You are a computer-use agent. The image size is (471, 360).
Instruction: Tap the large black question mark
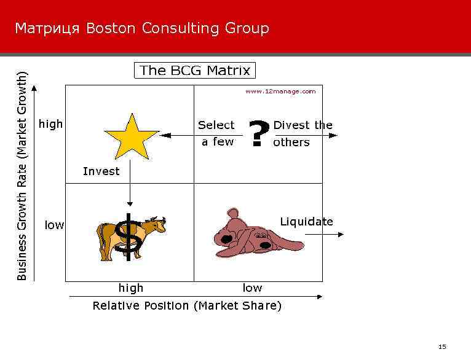coord(260,133)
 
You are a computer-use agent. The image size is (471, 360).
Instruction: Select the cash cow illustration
coord(131,237)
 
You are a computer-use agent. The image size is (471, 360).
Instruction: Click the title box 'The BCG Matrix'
coord(195,71)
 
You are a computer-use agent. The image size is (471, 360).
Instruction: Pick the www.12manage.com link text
coord(280,91)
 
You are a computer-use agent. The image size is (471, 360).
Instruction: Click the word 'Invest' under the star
coord(101,171)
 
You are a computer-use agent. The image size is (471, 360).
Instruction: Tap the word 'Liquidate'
coord(306,222)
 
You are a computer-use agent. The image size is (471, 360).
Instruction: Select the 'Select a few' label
coord(216,133)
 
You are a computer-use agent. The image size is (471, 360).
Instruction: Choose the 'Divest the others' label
coord(303,133)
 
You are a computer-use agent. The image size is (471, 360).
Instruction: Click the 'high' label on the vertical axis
coord(51,124)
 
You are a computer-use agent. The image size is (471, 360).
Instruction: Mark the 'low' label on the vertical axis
coord(55,225)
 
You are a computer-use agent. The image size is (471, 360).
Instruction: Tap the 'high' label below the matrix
coord(131,288)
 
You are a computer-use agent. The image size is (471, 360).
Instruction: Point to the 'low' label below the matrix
coord(252,288)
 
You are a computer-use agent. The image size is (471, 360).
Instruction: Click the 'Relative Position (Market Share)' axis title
coord(187,306)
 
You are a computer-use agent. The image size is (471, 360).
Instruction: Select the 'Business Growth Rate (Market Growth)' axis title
coord(22,176)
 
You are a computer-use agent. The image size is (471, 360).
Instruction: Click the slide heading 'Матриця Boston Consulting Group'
coord(142,28)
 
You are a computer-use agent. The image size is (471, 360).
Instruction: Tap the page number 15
coord(441,347)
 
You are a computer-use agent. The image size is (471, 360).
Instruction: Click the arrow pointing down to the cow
coord(130,190)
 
